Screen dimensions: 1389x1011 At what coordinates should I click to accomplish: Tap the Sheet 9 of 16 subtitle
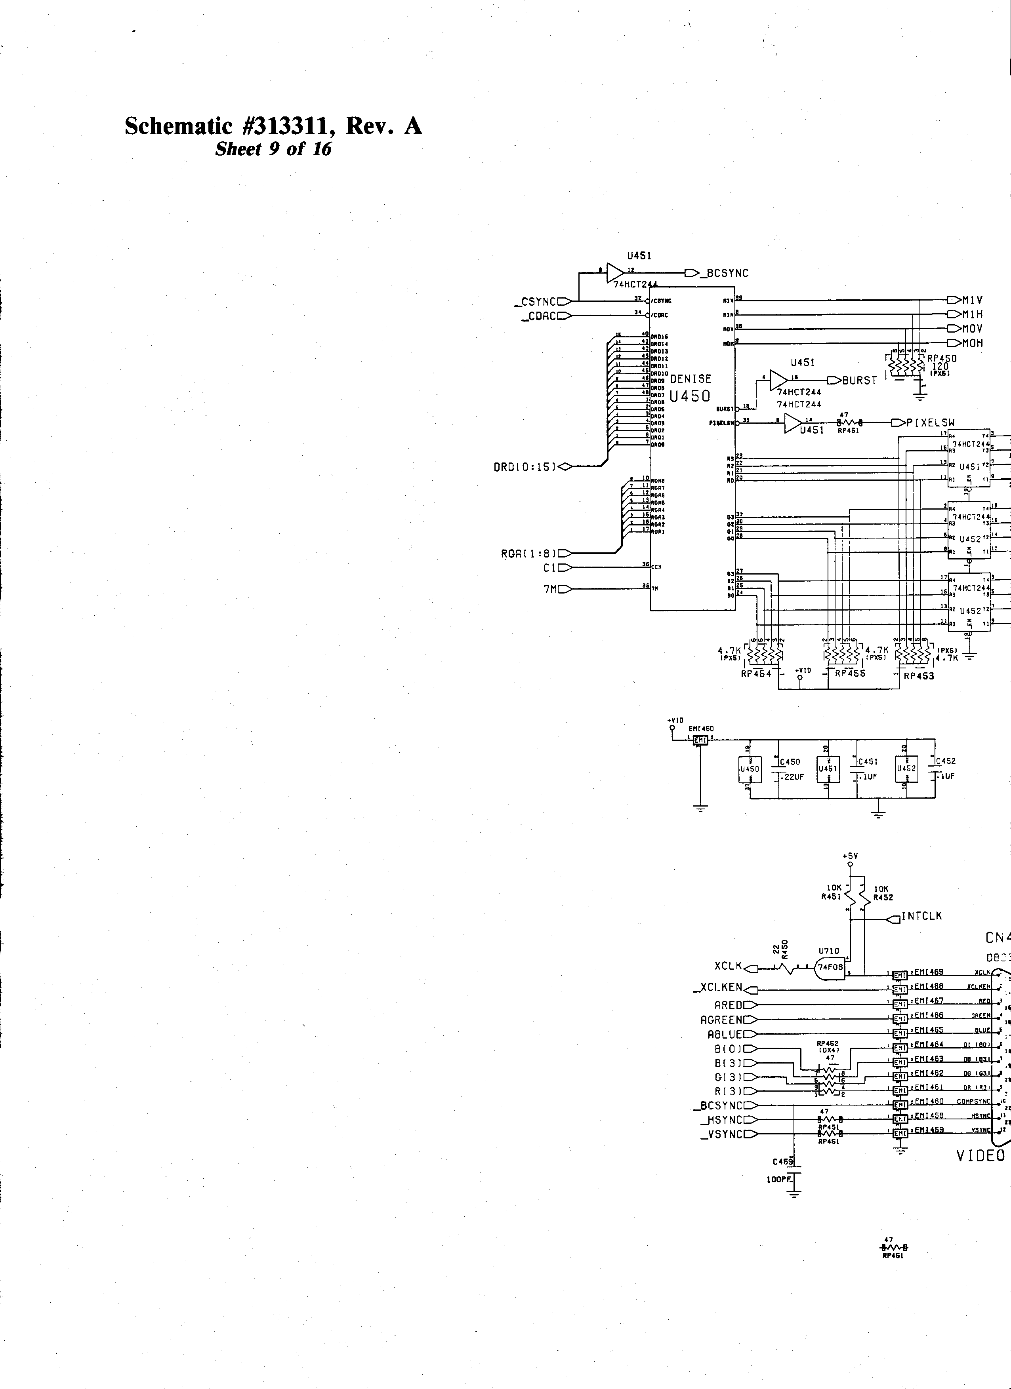point(273,149)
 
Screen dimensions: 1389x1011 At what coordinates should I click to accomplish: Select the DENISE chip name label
point(691,379)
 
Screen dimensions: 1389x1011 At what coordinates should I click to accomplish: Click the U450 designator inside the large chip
point(691,396)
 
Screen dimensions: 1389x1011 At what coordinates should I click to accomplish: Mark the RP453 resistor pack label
point(918,676)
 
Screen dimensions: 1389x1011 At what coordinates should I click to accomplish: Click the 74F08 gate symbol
point(831,984)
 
